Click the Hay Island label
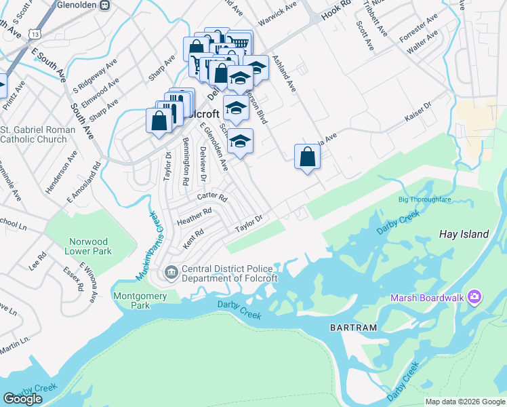click(x=464, y=234)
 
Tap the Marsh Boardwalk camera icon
click(x=475, y=297)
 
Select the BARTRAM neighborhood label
click(x=353, y=328)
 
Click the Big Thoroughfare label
click(x=424, y=200)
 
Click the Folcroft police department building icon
click(x=171, y=273)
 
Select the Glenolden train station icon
click(x=104, y=5)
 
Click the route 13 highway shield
click(x=35, y=33)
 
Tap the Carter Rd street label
click(x=211, y=197)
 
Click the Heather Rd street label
click(x=195, y=215)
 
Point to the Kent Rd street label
click(x=193, y=237)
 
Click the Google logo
click(x=22, y=399)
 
